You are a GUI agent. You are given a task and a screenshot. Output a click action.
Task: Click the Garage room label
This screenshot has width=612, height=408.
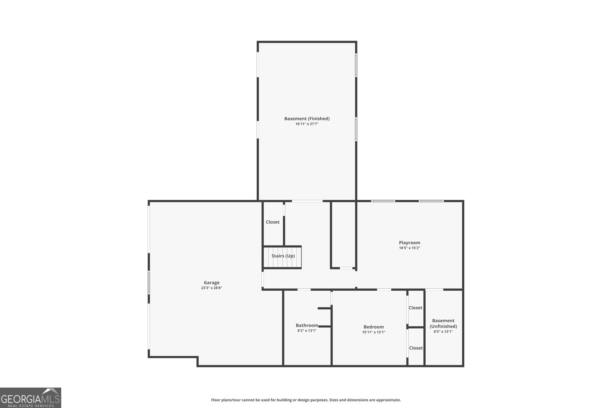[x=212, y=283]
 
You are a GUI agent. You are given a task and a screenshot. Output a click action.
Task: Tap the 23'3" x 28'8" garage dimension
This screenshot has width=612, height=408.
[x=212, y=288]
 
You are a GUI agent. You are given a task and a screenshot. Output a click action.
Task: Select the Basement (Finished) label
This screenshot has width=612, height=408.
[x=307, y=119]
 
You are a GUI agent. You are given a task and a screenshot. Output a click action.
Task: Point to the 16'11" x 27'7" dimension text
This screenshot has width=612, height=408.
[x=307, y=124]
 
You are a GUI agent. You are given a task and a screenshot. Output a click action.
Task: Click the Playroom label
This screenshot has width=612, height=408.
[x=409, y=242]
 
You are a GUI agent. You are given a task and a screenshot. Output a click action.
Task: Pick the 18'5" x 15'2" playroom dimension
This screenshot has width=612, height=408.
[x=409, y=248]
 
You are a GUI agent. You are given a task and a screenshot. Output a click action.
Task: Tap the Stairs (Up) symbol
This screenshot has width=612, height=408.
[x=283, y=256]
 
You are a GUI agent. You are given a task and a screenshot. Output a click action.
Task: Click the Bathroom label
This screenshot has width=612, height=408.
[x=307, y=325]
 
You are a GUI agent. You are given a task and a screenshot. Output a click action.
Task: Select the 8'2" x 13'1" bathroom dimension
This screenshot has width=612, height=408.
[x=307, y=331]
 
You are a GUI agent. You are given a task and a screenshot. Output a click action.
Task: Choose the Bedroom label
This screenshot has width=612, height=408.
[x=373, y=327]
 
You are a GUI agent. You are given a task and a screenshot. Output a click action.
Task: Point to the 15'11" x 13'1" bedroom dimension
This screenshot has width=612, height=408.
[x=373, y=332]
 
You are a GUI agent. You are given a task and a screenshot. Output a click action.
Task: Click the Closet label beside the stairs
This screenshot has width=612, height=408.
[x=273, y=222]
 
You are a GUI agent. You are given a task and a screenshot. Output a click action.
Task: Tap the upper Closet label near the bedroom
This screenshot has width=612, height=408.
[x=415, y=308]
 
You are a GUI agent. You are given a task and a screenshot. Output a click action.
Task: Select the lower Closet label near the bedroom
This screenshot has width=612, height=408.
[x=416, y=348]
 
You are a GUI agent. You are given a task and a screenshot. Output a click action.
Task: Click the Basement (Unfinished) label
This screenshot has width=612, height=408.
[x=443, y=323]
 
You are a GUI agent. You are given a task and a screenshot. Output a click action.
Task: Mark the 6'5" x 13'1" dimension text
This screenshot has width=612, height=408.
[x=443, y=332]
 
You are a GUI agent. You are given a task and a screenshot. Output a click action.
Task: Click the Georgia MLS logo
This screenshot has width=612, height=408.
[x=30, y=398]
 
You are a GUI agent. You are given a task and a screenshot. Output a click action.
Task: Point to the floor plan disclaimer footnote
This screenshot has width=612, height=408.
[x=306, y=400]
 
